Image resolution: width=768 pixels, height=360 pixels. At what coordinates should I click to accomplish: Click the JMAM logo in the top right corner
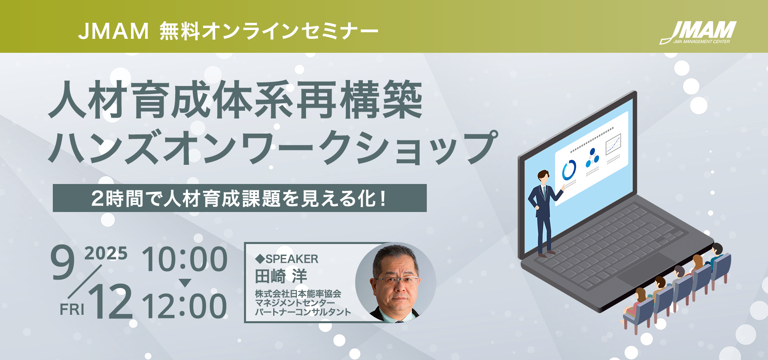click(x=698, y=32)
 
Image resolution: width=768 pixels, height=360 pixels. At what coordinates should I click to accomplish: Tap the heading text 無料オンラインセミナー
click(x=269, y=31)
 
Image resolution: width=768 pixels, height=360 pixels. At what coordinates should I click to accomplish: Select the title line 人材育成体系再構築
click(x=236, y=100)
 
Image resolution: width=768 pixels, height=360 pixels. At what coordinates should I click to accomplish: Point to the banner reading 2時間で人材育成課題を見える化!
click(x=240, y=198)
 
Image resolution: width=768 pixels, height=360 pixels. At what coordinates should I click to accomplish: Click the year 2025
click(x=106, y=253)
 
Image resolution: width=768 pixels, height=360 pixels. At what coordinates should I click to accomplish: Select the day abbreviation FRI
click(x=72, y=309)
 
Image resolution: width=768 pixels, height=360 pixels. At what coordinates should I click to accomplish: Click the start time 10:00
click(x=185, y=259)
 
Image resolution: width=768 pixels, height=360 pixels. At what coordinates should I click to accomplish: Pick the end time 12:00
click(x=184, y=306)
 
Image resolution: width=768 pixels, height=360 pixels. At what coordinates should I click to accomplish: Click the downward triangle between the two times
click(x=185, y=283)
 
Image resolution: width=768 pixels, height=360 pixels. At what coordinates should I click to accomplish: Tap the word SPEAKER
click(x=292, y=259)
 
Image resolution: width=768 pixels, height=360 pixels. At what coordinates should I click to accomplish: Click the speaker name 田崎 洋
click(x=281, y=276)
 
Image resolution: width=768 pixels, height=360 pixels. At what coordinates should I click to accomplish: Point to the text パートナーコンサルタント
click(x=303, y=312)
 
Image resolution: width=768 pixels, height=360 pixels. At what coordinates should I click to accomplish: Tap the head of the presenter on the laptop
click(x=543, y=176)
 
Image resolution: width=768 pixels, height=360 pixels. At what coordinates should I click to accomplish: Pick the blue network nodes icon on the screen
click(x=592, y=158)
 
